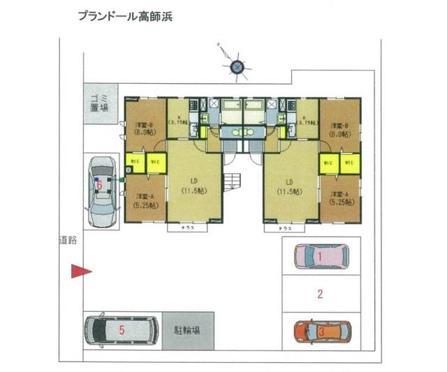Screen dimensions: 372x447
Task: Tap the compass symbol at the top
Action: (x=237, y=66)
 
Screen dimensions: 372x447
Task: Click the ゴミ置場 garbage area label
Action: (x=99, y=104)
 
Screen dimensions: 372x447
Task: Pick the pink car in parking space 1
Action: (x=321, y=257)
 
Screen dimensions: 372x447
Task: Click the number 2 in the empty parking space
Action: (x=320, y=294)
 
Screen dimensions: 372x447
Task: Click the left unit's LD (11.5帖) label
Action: (x=194, y=185)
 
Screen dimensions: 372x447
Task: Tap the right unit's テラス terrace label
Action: (x=284, y=228)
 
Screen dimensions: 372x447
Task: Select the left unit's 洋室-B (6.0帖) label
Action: (x=145, y=128)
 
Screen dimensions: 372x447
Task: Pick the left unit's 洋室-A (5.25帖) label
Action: (x=145, y=200)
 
